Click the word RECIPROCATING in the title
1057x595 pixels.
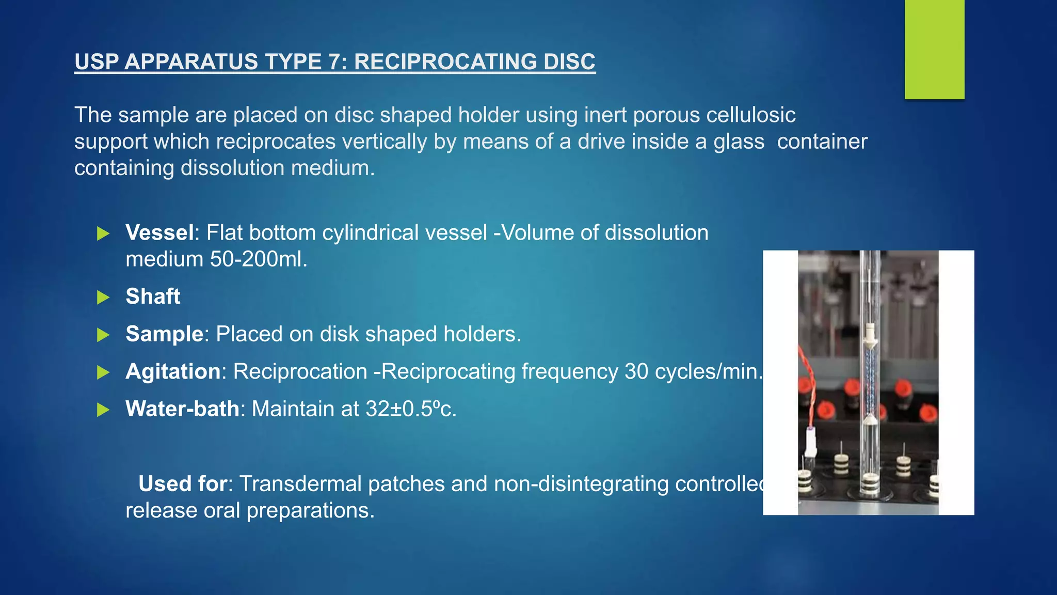440,62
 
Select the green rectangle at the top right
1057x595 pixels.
934,49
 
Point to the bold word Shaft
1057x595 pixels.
153,296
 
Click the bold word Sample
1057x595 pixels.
164,334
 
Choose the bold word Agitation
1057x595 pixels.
173,372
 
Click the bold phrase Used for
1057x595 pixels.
182,484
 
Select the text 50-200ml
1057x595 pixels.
258,259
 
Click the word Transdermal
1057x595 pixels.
342,484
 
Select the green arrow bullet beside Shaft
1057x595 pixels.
103,297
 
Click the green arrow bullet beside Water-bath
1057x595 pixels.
103,410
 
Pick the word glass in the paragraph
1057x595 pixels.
739,142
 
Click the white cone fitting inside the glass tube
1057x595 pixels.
870,338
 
